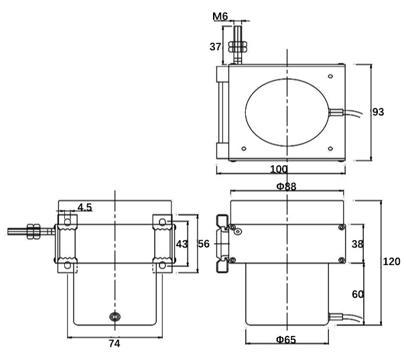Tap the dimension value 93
[378, 112]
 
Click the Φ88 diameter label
[286, 187]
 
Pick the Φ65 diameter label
[286, 339]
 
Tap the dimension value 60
[357, 294]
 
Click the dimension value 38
[357, 244]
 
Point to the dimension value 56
[206, 244]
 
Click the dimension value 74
[114, 344]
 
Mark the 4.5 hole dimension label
[84, 207]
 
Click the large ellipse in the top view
[287, 112]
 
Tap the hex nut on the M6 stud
[236, 48]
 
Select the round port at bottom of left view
[115, 316]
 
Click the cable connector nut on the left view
[33, 231]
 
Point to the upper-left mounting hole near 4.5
[66, 221]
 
